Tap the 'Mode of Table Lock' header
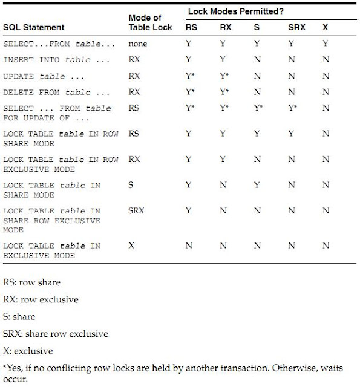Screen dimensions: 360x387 click(150, 23)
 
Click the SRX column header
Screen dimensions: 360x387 click(293, 28)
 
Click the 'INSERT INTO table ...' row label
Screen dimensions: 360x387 click(56, 60)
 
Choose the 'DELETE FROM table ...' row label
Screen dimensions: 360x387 click(56, 93)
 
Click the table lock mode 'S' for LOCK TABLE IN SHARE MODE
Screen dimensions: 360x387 click(131, 186)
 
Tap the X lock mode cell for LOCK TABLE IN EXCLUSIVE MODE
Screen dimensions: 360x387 click(131, 246)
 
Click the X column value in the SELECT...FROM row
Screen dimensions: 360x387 click(326, 44)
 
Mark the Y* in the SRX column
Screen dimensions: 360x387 click(293, 108)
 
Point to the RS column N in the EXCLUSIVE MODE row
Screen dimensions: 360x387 click(189, 246)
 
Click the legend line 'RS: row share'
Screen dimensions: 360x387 click(32, 282)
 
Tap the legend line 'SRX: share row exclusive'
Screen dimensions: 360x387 click(55, 334)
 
